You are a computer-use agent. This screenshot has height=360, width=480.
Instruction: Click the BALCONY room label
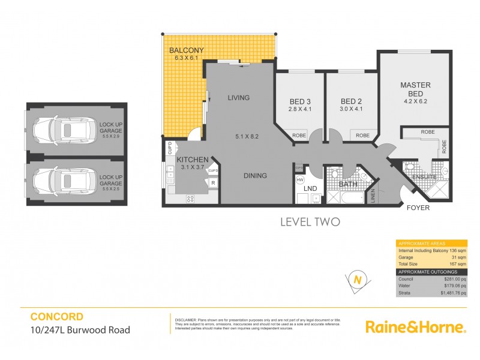(x=187, y=50)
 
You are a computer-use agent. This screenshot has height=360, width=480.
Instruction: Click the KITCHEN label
(x=192, y=159)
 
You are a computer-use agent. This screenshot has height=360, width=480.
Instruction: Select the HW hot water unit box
(x=301, y=179)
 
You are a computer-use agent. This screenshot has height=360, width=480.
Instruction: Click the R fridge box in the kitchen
(x=213, y=183)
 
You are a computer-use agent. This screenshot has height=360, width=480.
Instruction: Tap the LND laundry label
(x=311, y=189)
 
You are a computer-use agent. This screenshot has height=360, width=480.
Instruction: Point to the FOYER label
(x=418, y=208)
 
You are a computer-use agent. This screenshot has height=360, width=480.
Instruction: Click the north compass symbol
(x=358, y=280)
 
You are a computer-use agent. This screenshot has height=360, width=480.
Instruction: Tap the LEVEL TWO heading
(x=310, y=222)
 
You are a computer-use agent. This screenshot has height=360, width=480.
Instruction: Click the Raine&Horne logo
(x=415, y=326)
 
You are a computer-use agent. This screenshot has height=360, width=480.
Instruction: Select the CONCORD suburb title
(x=57, y=316)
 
